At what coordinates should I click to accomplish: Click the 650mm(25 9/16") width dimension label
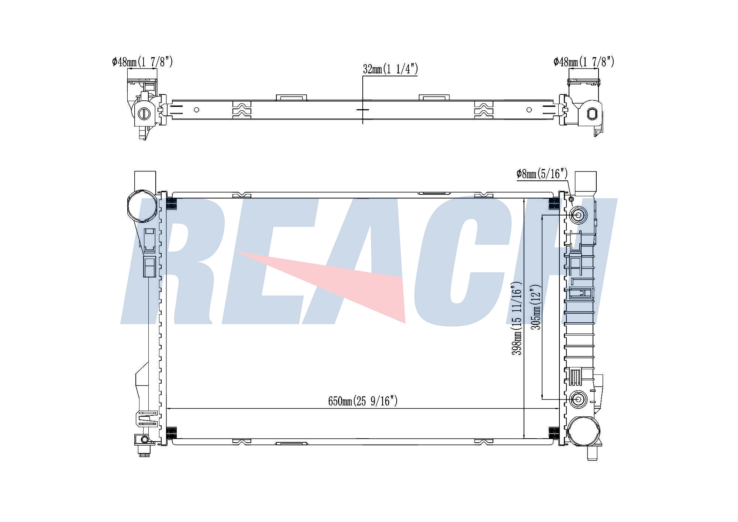[x=363, y=401]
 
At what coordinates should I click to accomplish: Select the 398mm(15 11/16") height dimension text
[x=517, y=319]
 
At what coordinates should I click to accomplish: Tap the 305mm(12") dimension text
[x=535, y=307]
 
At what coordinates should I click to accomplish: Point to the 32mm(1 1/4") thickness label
[x=390, y=69]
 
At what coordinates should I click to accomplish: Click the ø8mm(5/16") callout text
[x=542, y=174]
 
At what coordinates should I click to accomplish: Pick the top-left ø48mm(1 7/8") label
[x=142, y=62]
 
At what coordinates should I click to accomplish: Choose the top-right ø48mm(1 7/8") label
[x=584, y=62]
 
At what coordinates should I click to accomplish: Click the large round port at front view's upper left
[x=141, y=207]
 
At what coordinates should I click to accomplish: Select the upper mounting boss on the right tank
[x=578, y=215]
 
